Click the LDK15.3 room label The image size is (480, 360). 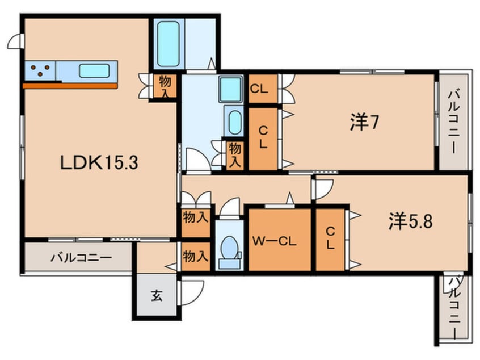tap(100, 164)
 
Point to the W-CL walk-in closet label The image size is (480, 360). tap(274, 241)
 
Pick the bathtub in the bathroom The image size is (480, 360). tap(168, 44)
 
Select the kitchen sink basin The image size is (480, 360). tap(94, 71)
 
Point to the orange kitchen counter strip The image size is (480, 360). tap(70, 86)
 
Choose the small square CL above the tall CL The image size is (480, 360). tap(262, 89)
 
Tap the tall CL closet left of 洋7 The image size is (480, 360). tap(263, 138)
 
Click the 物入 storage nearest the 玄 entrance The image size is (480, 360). tap(195, 257)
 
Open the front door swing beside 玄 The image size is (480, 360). tap(190, 294)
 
